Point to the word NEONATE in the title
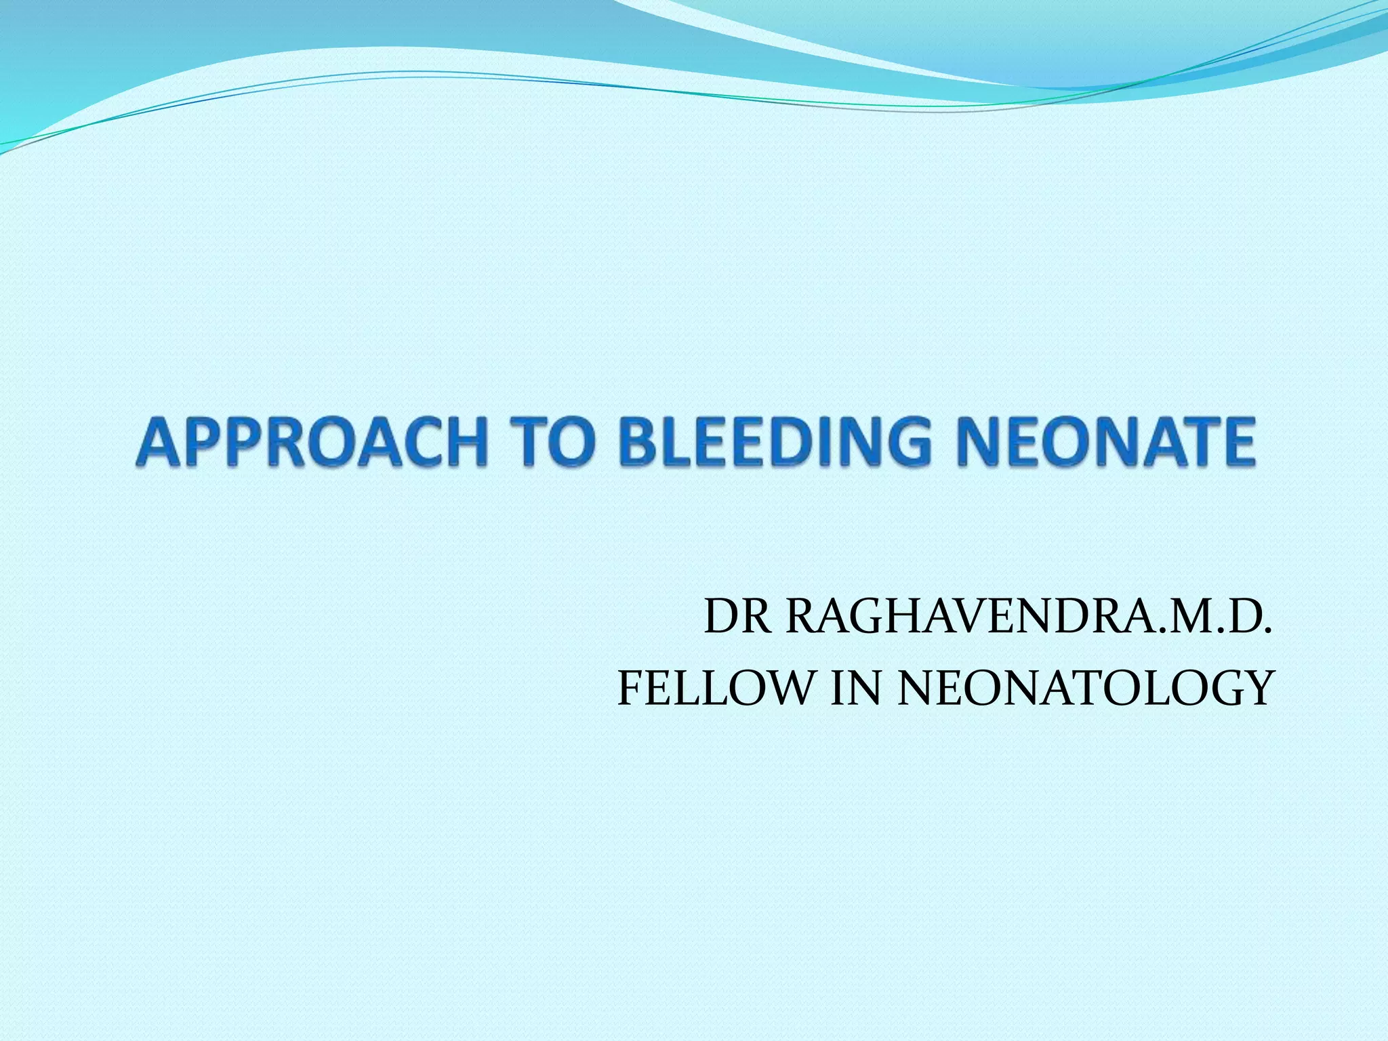pos(1105,443)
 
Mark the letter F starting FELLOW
pos(630,688)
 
